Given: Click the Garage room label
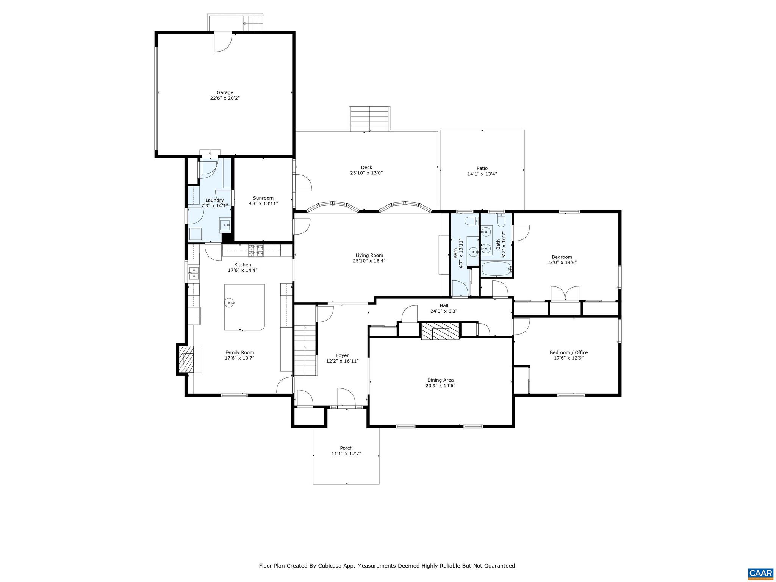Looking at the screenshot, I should coord(225,92).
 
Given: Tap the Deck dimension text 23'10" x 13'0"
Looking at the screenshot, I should coord(366,173).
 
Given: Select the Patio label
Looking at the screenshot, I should coord(482,168).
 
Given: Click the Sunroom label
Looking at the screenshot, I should coord(263,198).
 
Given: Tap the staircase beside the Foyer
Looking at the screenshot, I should coord(305,350).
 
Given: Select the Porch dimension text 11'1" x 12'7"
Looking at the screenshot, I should coord(346,454).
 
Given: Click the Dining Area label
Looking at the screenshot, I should coord(440,380).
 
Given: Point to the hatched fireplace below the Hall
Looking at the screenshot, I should coord(440,331).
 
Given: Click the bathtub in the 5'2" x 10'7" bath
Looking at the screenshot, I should coord(496,270).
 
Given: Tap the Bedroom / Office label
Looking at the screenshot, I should coord(568,352).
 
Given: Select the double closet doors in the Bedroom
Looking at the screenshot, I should coord(565,293).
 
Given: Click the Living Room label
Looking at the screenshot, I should coord(369,255).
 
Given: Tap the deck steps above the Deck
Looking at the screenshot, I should coord(369,119).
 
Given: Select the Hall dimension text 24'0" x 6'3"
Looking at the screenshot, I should coord(444,311).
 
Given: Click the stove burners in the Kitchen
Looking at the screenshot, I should coord(255,249).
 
